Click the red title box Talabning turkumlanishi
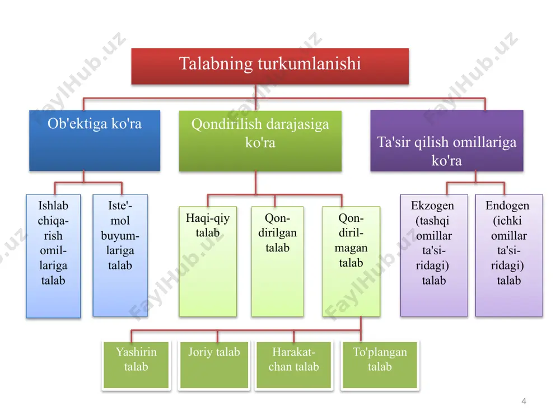click(x=270, y=67)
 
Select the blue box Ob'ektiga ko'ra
click(x=95, y=141)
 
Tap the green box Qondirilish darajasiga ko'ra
click(x=260, y=141)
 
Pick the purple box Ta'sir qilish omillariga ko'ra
click(x=447, y=141)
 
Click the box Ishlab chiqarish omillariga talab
click(x=53, y=256)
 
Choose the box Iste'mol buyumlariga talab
click(x=120, y=256)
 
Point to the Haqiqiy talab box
click(x=208, y=262)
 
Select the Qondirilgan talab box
click(x=278, y=262)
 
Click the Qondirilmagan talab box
click(x=351, y=262)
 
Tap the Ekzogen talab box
click(x=434, y=256)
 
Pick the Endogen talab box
click(x=509, y=256)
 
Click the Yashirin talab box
click(x=136, y=365)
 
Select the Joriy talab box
click(x=214, y=365)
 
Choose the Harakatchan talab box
click(x=293, y=365)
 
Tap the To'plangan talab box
click(x=380, y=365)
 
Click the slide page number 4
click(x=524, y=401)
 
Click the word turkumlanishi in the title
click(x=309, y=64)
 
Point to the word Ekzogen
click(x=432, y=206)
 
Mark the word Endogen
click(x=507, y=206)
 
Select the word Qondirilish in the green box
click(x=227, y=124)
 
